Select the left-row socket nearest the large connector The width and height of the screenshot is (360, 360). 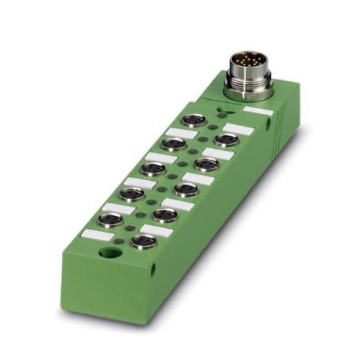pos(195,122)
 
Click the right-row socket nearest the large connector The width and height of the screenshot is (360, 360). pos(226,139)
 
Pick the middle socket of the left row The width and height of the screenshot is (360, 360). pos(152,167)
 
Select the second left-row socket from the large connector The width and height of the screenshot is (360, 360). pos(174,144)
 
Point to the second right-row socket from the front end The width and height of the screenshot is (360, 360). pos(164,214)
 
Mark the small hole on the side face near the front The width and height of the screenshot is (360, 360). pos(153,269)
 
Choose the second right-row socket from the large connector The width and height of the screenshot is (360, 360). pos(206,163)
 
